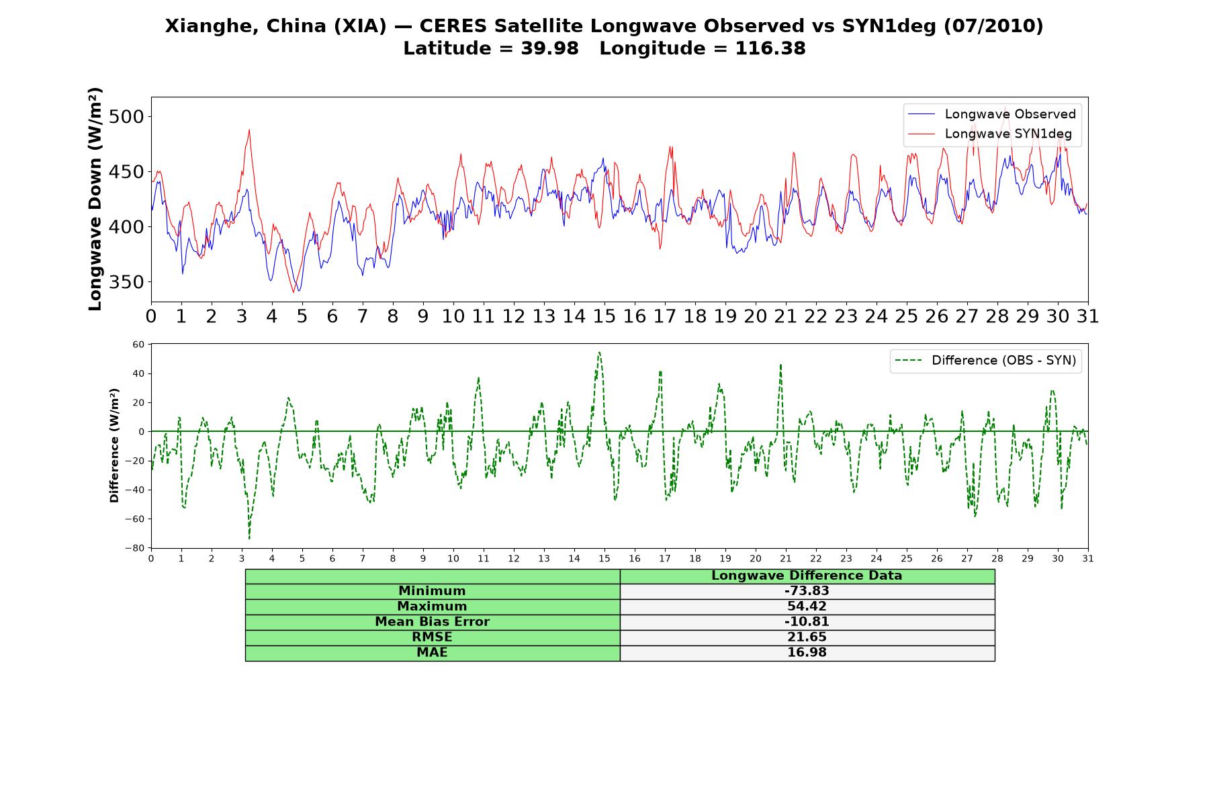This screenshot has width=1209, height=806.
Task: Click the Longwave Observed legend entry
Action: click(x=992, y=114)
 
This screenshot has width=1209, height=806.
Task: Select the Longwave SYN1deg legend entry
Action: click(x=990, y=134)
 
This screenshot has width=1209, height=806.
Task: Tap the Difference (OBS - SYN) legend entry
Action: click(x=986, y=361)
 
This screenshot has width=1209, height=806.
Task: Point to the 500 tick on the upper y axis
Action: click(x=126, y=117)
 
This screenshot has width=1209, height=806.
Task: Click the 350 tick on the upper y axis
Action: click(x=126, y=282)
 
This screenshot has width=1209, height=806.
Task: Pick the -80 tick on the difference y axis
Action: click(x=134, y=548)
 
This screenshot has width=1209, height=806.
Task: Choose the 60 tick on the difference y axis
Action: click(x=138, y=345)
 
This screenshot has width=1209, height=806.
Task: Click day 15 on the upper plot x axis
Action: click(x=604, y=316)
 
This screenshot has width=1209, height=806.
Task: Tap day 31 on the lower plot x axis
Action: click(x=1088, y=559)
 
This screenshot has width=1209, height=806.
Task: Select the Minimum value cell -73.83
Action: click(x=807, y=591)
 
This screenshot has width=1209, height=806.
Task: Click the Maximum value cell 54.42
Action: click(x=807, y=607)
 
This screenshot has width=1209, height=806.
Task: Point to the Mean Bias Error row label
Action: click(x=432, y=622)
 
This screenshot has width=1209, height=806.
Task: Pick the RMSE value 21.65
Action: click(x=807, y=637)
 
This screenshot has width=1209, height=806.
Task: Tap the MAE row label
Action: click(x=432, y=653)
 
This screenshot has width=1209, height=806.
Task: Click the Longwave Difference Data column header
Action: click(x=807, y=576)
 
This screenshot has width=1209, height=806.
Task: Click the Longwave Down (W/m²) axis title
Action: click(x=95, y=199)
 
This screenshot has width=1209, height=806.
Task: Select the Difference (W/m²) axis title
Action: click(x=114, y=445)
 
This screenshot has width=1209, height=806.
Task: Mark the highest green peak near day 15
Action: click(x=599, y=353)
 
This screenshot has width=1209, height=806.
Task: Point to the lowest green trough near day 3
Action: click(x=249, y=538)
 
